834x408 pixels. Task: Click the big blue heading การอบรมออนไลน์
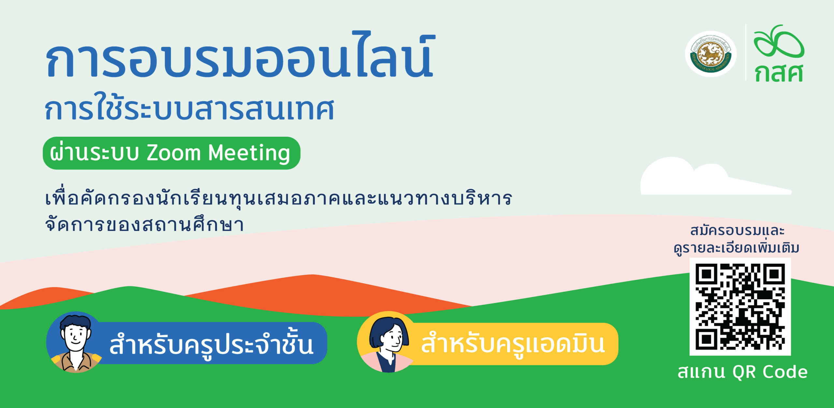pyautogui.click(x=240, y=55)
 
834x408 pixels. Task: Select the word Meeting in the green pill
pyautogui.click(x=249, y=153)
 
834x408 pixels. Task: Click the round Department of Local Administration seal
pyautogui.click(x=711, y=54)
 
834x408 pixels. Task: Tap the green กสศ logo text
pyautogui.click(x=779, y=73)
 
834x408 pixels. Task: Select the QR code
pyautogui.click(x=740, y=307)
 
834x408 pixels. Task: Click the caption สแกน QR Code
pyautogui.click(x=742, y=372)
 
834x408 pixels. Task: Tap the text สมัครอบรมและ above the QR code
pyautogui.click(x=737, y=231)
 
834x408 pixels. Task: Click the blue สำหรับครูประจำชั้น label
pyautogui.click(x=211, y=345)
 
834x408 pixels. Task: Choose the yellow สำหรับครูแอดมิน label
pyautogui.click(x=513, y=344)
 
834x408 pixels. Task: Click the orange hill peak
pyautogui.click(x=312, y=275)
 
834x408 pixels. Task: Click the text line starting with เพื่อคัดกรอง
pyautogui.click(x=279, y=198)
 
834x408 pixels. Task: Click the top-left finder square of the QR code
pyautogui.click(x=706, y=274)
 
